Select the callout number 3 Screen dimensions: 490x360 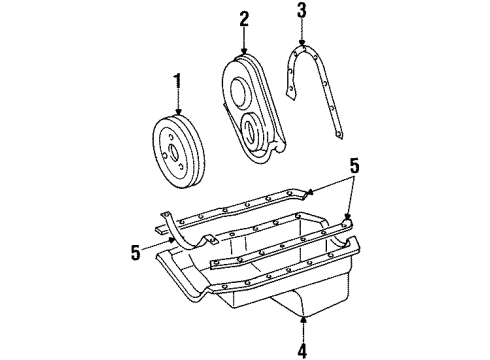(x=302, y=10)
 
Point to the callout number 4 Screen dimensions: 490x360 (x=303, y=350)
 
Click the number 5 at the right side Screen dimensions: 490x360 (x=354, y=166)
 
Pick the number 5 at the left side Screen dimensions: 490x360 (x=136, y=252)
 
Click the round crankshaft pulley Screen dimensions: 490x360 (x=179, y=152)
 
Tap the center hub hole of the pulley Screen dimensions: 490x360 (x=173, y=152)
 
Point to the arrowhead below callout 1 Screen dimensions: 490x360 (x=178, y=112)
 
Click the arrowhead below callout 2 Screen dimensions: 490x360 (x=245, y=51)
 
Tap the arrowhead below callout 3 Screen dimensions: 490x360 (x=302, y=42)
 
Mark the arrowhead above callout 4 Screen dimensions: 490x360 (x=303, y=320)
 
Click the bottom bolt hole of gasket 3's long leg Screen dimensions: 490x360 (x=338, y=134)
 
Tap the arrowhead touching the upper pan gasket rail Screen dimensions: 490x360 (x=309, y=192)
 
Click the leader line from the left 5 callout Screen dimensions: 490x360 (x=156, y=243)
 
